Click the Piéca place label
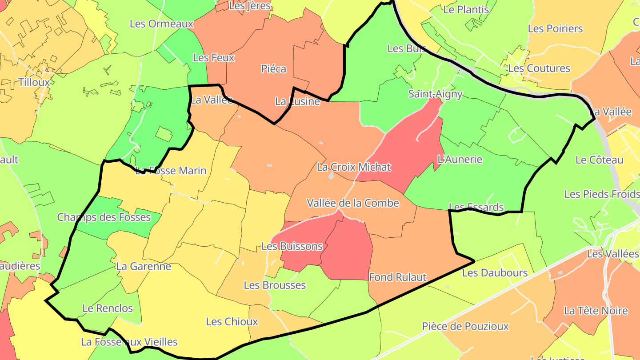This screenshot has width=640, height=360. pos(273,69)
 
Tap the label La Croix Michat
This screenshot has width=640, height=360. pos(354,167)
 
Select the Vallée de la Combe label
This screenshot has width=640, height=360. pos(353,203)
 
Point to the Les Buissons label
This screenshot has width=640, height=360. pos(292,246)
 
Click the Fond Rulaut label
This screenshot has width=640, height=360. pos(398,277)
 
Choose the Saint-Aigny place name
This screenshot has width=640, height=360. pos(436,94)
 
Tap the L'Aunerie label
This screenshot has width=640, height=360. pos(460,159)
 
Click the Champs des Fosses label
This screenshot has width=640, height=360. pos(104,217)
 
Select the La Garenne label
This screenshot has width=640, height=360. pos(144,266)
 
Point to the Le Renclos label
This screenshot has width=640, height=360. pos(108,308)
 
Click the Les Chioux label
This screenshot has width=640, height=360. pos(232,321)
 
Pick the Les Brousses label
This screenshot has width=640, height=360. pos(275,285)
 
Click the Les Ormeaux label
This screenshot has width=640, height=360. pos(162,24)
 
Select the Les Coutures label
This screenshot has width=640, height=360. pos(539,68)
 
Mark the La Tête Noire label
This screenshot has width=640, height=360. pos(596,311)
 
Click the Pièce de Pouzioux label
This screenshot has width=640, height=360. pos(465,326)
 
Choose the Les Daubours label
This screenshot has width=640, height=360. pos(495,272)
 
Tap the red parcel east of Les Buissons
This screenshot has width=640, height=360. pos(349,251)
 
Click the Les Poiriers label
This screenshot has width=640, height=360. pos(555,28)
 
